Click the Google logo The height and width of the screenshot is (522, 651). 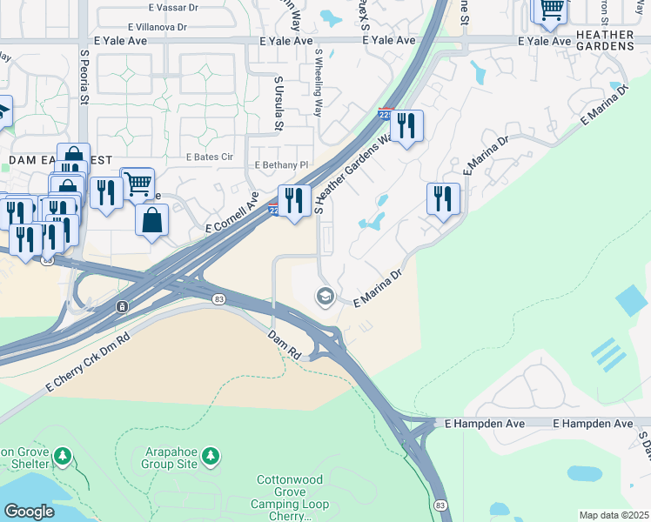(29, 512)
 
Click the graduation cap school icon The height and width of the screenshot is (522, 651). (325, 297)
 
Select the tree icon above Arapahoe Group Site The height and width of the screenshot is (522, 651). (210, 455)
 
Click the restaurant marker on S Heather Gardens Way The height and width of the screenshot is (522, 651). (406, 126)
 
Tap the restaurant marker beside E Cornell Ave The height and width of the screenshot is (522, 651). (294, 202)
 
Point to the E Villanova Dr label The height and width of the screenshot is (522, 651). (157, 27)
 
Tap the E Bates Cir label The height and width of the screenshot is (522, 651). (211, 157)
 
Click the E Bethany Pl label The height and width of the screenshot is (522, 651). (281, 164)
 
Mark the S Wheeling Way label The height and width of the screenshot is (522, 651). (319, 84)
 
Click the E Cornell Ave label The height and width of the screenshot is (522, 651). (232, 214)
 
